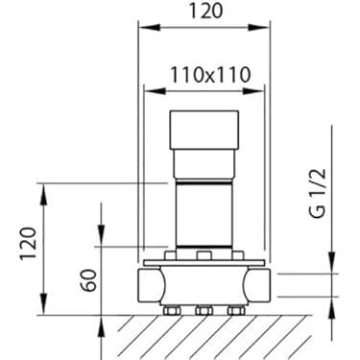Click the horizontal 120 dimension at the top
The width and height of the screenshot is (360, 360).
click(204, 11)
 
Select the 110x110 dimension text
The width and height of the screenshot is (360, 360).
click(209, 75)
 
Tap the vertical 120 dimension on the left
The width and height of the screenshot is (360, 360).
click(28, 243)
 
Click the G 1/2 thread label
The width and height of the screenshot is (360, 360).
click(318, 193)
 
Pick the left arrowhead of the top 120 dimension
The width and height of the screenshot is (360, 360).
click(149, 28)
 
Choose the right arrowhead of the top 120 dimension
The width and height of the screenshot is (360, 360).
click(258, 28)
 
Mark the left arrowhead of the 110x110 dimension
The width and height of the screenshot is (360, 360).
click(155, 91)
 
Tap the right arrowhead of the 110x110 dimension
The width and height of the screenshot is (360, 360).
click(253, 91)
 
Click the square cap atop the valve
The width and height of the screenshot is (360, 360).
click(204, 130)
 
